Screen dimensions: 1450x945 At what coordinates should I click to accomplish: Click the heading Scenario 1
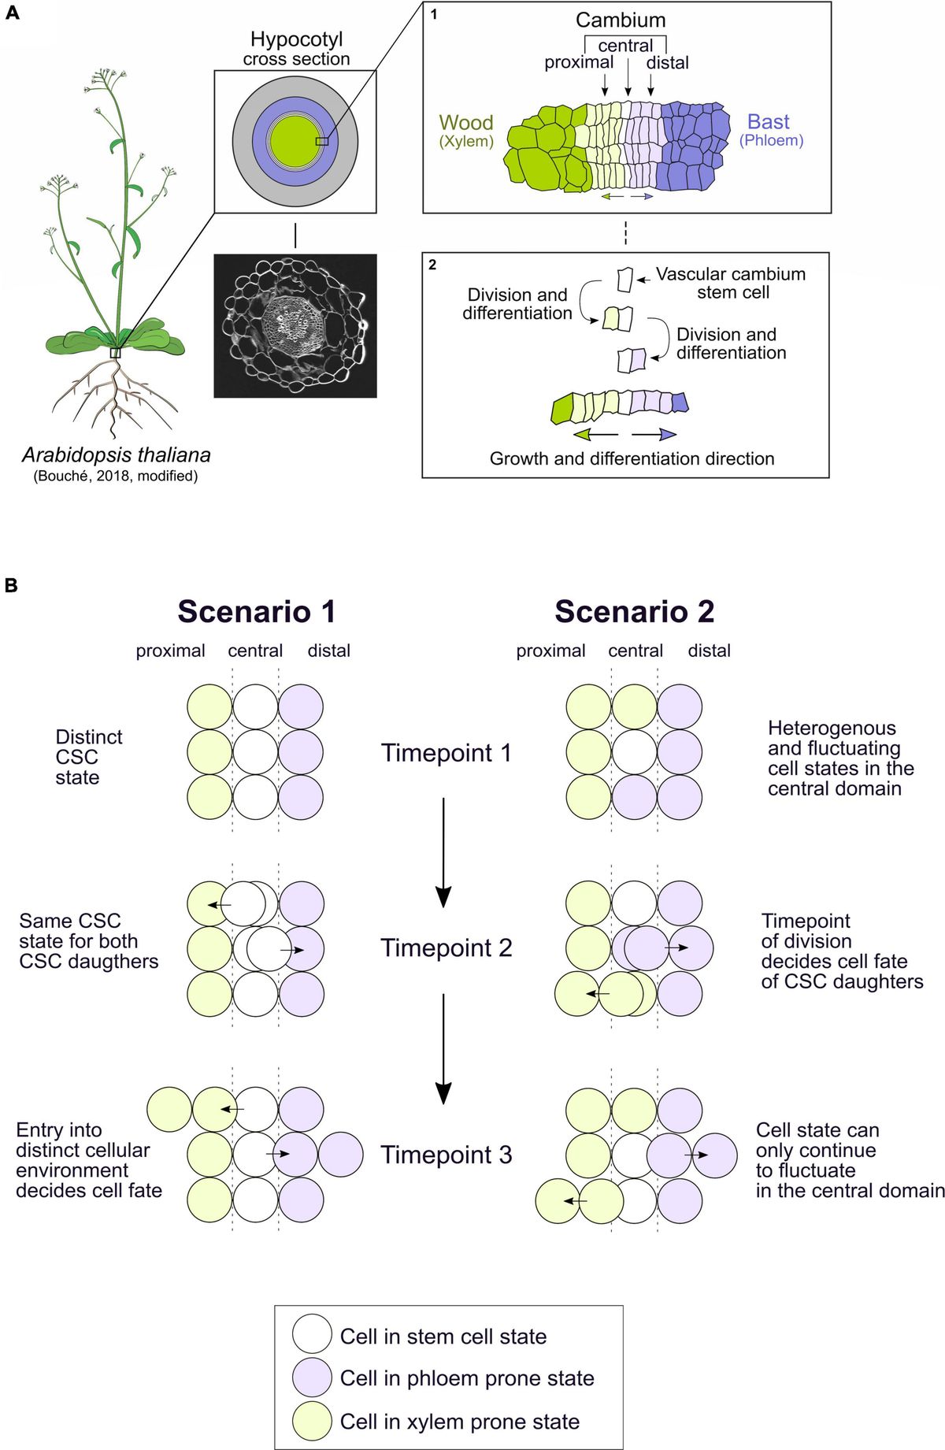pyautogui.click(x=257, y=612)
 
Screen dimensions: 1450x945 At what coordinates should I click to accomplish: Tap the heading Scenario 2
pyautogui.click(x=635, y=612)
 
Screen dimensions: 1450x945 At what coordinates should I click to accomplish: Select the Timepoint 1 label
pyautogui.click(x=447, y=753)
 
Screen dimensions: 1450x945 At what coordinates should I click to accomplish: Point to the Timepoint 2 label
pyautogui.click(x=447, y=948)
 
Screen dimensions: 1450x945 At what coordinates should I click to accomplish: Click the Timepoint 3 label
pyautogui.click(x=447, y=1155)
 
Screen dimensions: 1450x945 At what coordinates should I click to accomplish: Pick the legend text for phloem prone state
pyautogui.click(x=467, y=1378)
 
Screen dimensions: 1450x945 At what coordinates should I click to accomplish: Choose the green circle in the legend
pyautogui.click(x=312, y=1421)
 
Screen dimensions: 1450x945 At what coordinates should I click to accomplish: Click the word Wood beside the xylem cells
pyautogui.click(x=466, y=123)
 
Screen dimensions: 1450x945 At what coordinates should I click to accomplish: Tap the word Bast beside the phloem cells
pyautogui.click(x=768, y=122)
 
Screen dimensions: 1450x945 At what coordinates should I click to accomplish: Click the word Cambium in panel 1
pyautogui.click(x=621, y=20)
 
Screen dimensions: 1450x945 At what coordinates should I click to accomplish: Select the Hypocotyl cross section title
pyautogui.click(x=296, y=49)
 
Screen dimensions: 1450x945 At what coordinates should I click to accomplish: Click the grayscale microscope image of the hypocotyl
pyautogui.click(x=295, y=325)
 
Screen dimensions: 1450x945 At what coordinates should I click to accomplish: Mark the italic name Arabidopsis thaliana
pyautogui.click(x=117, y=455)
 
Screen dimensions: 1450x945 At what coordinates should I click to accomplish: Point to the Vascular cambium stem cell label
pyautogui.click(x=731, y=284)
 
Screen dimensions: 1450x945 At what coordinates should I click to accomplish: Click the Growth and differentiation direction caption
pyautogui.click(x=632, y=458)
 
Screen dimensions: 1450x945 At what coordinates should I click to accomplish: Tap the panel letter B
pyautogui.click(x=11, y=585)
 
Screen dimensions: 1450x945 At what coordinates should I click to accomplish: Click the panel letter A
pyautogui.click(x=11, y=13)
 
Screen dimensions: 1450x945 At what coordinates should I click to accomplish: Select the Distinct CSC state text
pyautogui.click(x=88, y=757)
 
